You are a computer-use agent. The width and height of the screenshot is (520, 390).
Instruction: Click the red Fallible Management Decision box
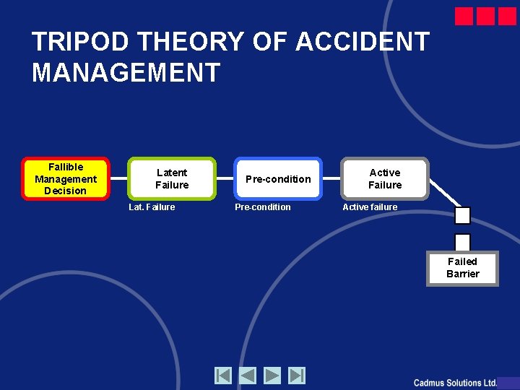(x=66, y=178)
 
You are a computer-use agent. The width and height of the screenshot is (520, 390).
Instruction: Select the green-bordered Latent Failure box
(x=172, y=178)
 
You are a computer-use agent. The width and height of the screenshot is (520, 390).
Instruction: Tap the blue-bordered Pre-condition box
(x=278, y=178)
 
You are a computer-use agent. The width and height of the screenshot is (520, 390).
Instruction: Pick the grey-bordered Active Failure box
(x=385, y=178)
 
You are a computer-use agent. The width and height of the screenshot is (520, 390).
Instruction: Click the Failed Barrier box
(x=462, y=268)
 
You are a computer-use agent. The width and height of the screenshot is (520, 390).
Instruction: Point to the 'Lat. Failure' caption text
(x=152, y=207)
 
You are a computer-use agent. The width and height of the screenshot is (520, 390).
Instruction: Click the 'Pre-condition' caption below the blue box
(x=263, y=207)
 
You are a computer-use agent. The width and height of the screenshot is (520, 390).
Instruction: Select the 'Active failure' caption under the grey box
(x=370, y=207)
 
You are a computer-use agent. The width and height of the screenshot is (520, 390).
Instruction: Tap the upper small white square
(x=462, y=215)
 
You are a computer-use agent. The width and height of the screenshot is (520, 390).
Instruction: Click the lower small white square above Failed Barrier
(x=462, y=242)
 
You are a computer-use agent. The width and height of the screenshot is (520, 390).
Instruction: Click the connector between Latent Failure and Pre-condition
(x=225, y=178)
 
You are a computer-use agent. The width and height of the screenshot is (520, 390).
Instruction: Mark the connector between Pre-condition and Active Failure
(x=331, y=178)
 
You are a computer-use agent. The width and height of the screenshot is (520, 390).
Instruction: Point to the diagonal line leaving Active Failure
(x=443, y=192)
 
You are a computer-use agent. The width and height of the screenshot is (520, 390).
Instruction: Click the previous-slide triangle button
(x=248, y=376)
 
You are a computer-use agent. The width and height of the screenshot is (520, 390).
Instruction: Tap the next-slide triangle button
(x=272, y=376)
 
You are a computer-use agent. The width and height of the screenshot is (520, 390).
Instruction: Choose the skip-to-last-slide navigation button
(x=297, y=376)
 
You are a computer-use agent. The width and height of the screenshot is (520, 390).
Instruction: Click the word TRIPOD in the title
(x=81, y=42)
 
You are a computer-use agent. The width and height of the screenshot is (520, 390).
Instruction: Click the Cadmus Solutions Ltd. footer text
(x=455, y=383)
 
